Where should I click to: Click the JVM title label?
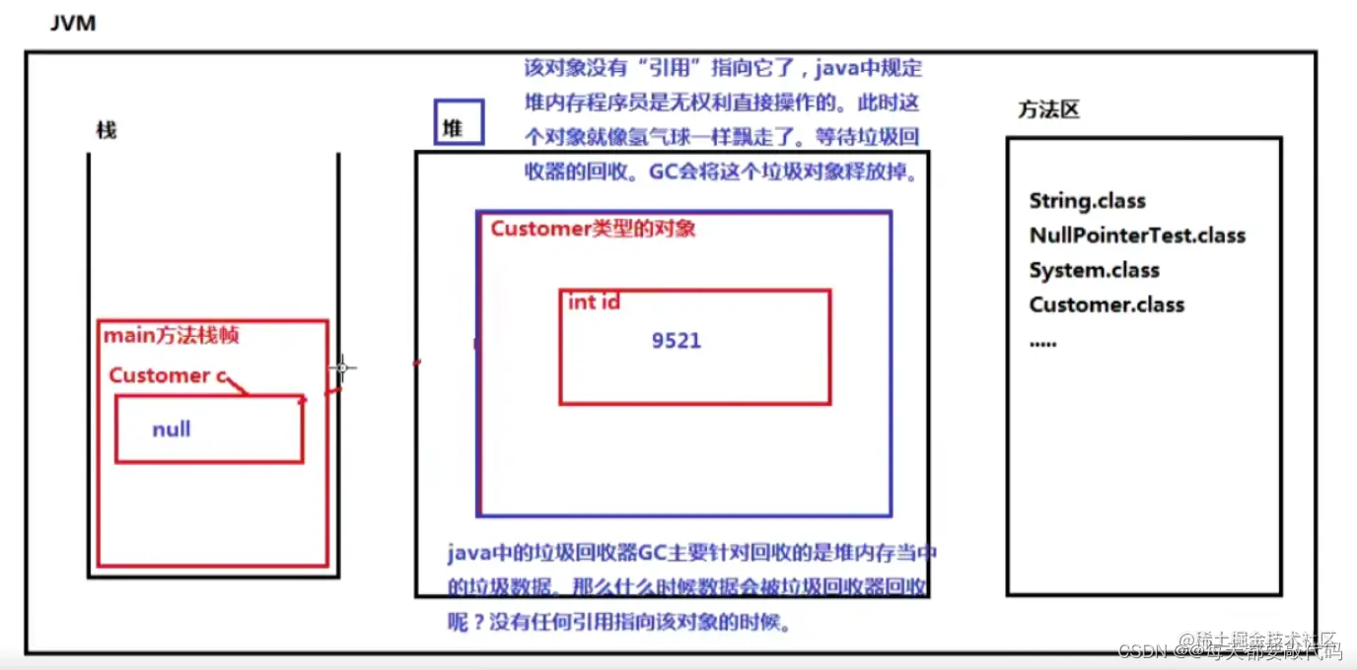pyautogui.click(x=73, y=23)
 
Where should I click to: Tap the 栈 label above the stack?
pyautogui.click(x=106, y=130)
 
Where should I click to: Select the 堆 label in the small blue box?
pyautogui.click(x=453, y=127)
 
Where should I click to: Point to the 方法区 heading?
pyautogui.click(x=1048, y=109)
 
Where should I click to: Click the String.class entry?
pyautogui.click(x=1087, y=201)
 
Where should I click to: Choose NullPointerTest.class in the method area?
pyautogui.click(x=1137, y=235)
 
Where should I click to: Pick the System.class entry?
pyautogui.click(x=1094, y=270)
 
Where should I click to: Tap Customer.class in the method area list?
pyautogui.click(x=1107, y=304)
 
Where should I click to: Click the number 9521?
pyautogui.click(x=677, y=341)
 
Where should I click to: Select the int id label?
pyautogui.click(x=594, y=302)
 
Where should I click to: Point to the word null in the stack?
pyautogui.click(x=172, y=430)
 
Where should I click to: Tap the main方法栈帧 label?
pyautogui.click(x=172, y=336)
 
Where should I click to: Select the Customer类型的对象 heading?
pyautogui.click(x=594, y=229)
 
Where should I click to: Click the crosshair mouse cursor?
pyautogui.click(x=342, y=368)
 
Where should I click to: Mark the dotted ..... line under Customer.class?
pyautogui.click(x=1042, y=342)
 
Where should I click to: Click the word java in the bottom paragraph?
pyautogui.click(x=468, y=553)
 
